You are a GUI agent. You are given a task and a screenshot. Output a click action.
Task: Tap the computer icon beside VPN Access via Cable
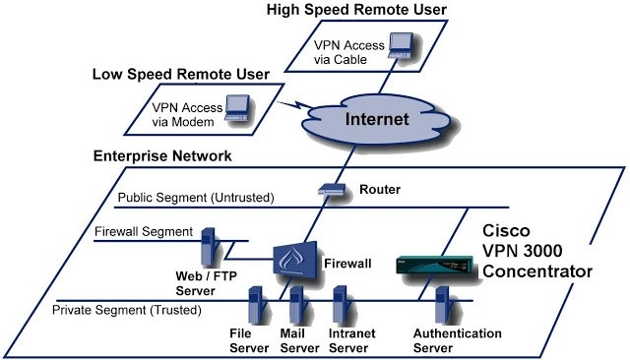tap(400, 43)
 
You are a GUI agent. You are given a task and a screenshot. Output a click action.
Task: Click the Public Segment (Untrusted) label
tap(192, 198)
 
